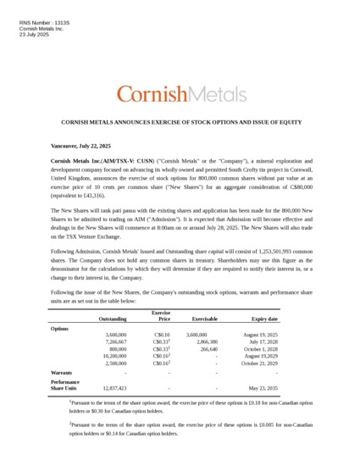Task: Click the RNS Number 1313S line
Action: pos(43,22)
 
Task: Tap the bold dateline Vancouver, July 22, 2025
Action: pos(80,146)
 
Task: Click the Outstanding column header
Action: pos(113,319)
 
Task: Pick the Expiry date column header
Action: pos(264,319)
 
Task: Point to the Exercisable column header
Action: pos(204,319)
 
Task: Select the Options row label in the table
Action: pos(59,328)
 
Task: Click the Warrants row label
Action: pos(61,372)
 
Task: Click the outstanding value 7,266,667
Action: pos(112,342)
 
